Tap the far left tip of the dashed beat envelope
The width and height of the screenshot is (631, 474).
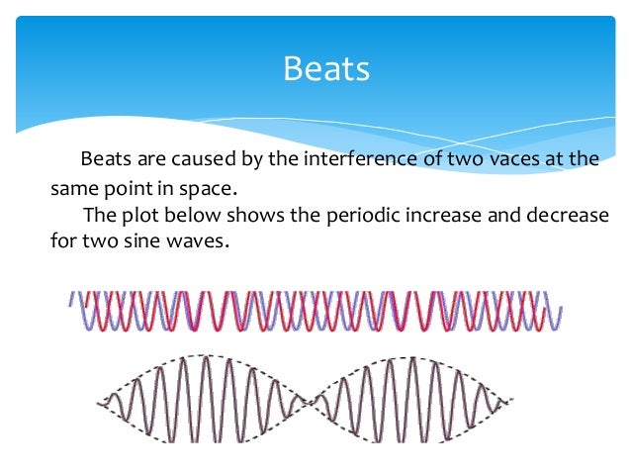click(99, 403)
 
